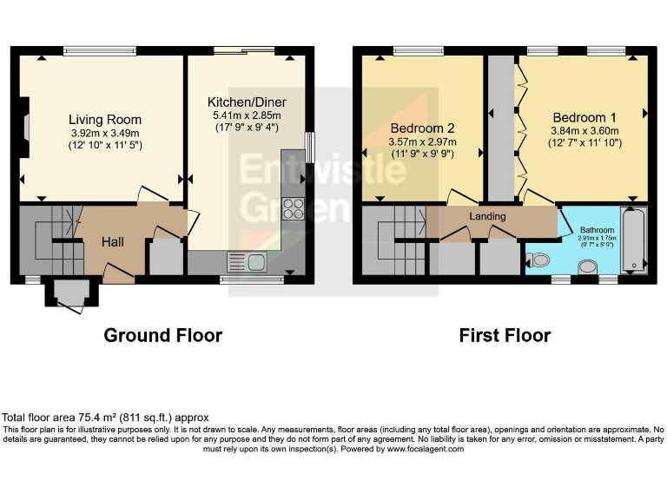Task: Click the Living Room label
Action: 105,120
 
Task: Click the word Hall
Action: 113,241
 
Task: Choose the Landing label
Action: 487,216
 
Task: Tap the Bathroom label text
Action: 596,231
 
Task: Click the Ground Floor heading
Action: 163,335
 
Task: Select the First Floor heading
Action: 505,335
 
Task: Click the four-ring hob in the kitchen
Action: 293,208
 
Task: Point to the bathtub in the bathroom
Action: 635,240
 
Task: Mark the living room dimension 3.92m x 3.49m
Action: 105,133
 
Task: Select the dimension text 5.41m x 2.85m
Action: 247,115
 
